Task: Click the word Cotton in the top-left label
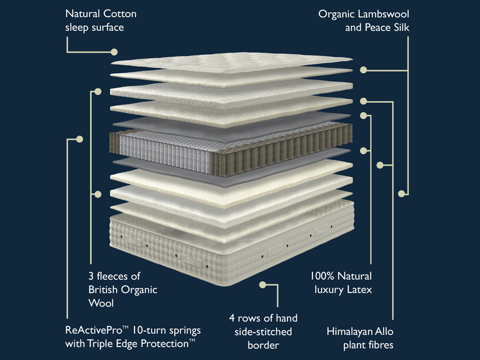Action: (x=118, y=13)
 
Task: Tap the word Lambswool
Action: (x=383, y=13)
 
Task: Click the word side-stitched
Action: (x=263, y=332)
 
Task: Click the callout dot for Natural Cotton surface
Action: (x=114, y=52)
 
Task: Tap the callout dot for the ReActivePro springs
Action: (x=79, y=138)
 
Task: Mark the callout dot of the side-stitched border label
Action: (x=262, y=285)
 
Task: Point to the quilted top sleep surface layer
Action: (x=232, y=61)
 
